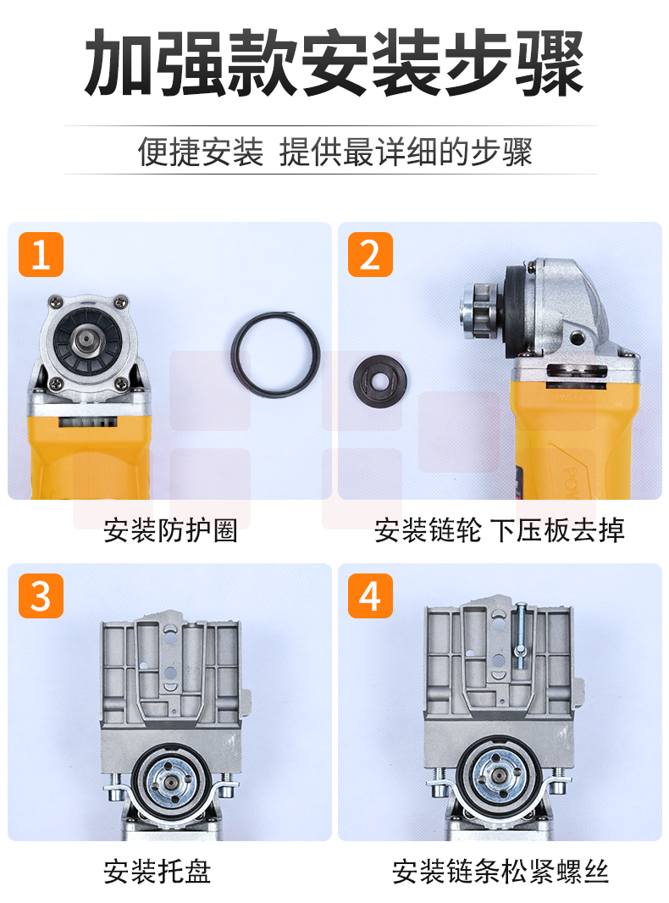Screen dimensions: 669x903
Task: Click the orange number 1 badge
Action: [41, 254]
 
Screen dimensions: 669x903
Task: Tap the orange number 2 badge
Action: [370, 254]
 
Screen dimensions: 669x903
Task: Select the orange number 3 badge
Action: [41, 596]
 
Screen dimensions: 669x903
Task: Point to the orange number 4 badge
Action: [370, 596]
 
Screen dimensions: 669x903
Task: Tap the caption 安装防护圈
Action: [170, 530]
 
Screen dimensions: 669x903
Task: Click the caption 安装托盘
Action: [158, 872]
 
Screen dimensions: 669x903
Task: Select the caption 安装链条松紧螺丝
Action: [500, 872]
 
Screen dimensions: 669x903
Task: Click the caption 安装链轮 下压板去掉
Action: [499, 530]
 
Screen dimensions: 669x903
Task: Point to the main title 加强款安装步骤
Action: [334, 63]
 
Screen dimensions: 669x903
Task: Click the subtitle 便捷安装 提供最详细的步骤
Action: [334, 152]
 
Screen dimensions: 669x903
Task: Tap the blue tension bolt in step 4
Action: [521, 636]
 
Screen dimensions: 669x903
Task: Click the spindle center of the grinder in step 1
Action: [86, 339]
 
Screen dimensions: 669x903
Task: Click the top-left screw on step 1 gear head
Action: [56, 301]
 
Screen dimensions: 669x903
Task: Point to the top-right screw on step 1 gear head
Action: [120, 301]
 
